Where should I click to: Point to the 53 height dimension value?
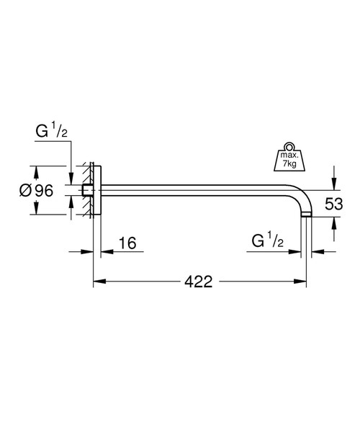click(x=334, y=203)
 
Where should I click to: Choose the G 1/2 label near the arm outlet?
click(x=266, y=240)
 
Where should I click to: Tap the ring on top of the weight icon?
click(x=289, y=143)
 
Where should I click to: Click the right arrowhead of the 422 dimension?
click(x=303, y=282)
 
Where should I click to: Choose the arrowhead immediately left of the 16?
click(x=103, y=251)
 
